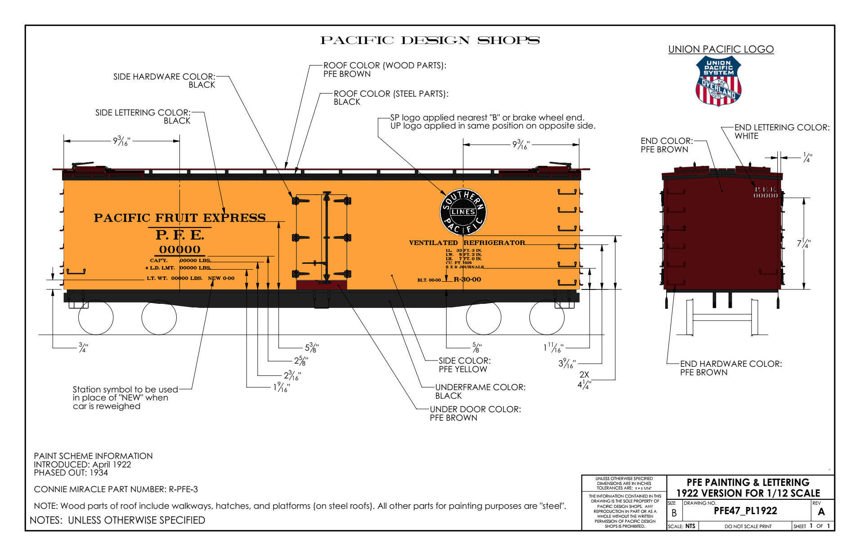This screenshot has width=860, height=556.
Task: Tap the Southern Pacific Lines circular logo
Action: [463, 212]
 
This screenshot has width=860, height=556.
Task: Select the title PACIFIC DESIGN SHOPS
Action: [430, 40]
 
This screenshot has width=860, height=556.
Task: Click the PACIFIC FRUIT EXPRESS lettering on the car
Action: [179, 218]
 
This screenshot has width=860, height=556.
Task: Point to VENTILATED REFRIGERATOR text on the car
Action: [466, 243]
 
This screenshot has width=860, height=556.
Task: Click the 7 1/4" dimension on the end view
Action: [804, 244]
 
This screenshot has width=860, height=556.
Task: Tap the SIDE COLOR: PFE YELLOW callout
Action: [464, 365]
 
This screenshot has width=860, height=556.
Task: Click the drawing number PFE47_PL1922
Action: [745, 511]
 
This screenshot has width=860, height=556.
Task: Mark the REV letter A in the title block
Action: [821, 512]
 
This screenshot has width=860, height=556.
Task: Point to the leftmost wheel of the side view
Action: [96, 317]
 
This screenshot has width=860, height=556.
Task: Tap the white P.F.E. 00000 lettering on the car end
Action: [765, 192]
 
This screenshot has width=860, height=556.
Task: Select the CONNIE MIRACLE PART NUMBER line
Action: [116, 489]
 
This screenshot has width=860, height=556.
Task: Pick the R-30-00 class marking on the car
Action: [467, 279]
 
